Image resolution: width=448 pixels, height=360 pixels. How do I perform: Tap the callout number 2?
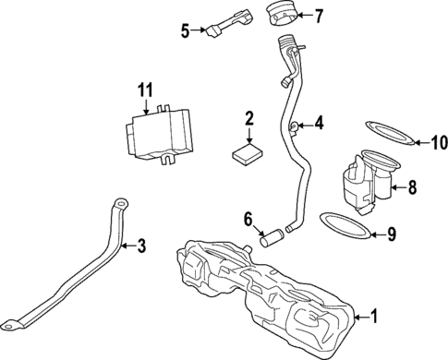click(x=248, y=118)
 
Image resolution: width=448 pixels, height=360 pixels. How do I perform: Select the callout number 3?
click(x=141, y=246)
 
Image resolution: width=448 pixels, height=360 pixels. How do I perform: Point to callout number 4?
click(x=320, y=122)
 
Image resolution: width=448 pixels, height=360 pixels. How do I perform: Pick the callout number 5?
click(x=185, y=30)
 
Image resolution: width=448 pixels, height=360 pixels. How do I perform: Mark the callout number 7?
click(x=320, y=16)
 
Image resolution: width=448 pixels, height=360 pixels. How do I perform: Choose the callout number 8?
click(x=412, y=187)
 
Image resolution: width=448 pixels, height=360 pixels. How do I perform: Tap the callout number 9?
click(x=391, y=234)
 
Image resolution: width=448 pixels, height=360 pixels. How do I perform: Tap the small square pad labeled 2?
click(x=247, y=151)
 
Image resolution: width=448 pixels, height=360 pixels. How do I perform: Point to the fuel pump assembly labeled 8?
click(x=367, y=180)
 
